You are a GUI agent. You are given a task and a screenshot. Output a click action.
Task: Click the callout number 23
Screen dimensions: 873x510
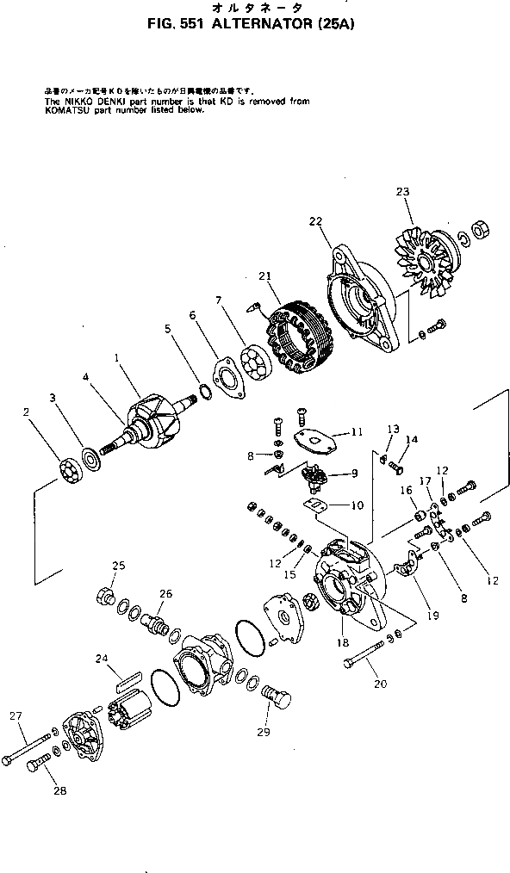click(402, 191)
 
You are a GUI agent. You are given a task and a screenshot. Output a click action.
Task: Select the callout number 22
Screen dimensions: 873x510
click(315, 221)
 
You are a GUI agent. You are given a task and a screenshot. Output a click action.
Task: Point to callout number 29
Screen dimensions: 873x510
click(263, 733)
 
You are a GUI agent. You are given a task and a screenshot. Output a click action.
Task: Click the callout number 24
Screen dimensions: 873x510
click(102, 659)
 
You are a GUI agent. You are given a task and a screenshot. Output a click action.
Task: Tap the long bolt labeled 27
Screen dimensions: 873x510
click(29, 743)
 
